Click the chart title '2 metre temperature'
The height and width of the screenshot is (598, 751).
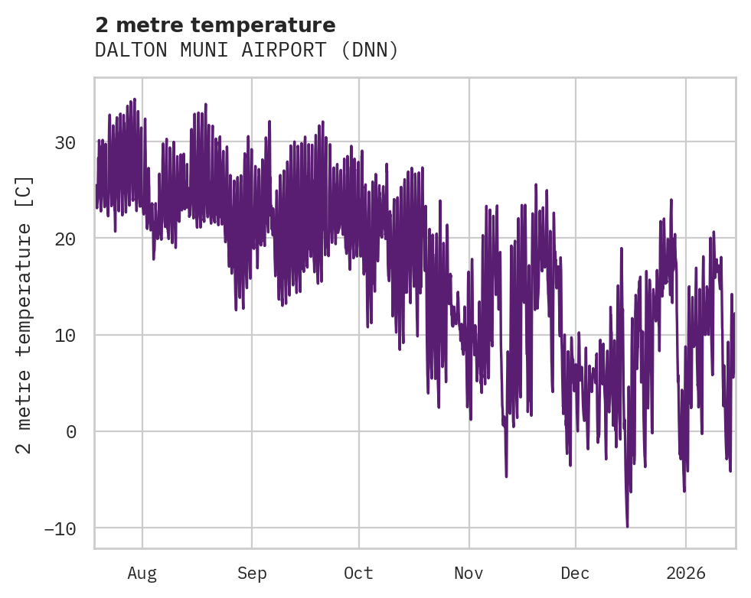(215, 25)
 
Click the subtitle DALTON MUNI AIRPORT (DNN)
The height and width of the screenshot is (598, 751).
(247, 50)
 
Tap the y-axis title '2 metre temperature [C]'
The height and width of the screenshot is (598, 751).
(24, 314)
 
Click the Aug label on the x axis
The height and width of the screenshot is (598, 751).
(142, 573)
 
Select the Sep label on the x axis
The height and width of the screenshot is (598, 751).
(252, 573)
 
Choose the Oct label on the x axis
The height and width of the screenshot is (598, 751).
(358, 573)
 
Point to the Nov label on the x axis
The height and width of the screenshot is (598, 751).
(469, 573)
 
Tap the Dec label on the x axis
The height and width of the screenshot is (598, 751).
(575, 573)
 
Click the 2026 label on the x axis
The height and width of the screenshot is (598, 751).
(686, 573)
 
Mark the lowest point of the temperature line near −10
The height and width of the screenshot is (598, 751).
(627, 526)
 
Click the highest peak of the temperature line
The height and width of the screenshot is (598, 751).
(134, 99)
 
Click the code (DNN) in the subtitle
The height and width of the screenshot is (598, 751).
(370, 50)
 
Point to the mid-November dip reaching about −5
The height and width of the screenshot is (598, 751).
(506, 476)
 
